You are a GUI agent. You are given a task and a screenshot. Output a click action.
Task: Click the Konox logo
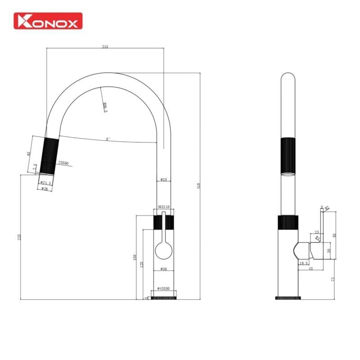click(x=48, y=21)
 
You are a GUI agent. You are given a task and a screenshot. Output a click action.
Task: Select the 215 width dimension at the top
click(x=105, y=46)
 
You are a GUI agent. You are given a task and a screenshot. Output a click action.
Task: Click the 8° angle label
click(x=108, y=139)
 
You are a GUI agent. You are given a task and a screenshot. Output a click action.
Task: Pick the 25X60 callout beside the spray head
click(x=63, y=163)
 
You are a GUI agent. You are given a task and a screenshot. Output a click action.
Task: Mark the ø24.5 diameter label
click(x=46, y=183)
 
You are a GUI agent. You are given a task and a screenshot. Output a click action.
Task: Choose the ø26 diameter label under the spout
click(x=45, y=189)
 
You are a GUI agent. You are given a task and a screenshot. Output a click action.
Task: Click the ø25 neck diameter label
click(x=164, y=180)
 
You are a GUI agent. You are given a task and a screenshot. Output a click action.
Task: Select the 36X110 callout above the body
click(x=164, y=207)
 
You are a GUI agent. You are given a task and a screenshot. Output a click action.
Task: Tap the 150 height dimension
click(x=135, y=257)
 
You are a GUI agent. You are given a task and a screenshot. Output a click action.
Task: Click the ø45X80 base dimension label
click(x=164, y=288)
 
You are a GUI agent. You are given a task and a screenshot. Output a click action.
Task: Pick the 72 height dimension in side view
click(x=333, y=279)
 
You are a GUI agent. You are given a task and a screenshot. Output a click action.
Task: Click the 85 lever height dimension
click(x=333, y=234)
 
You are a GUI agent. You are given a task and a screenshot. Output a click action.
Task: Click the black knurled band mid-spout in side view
click(x=288, y=156)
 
